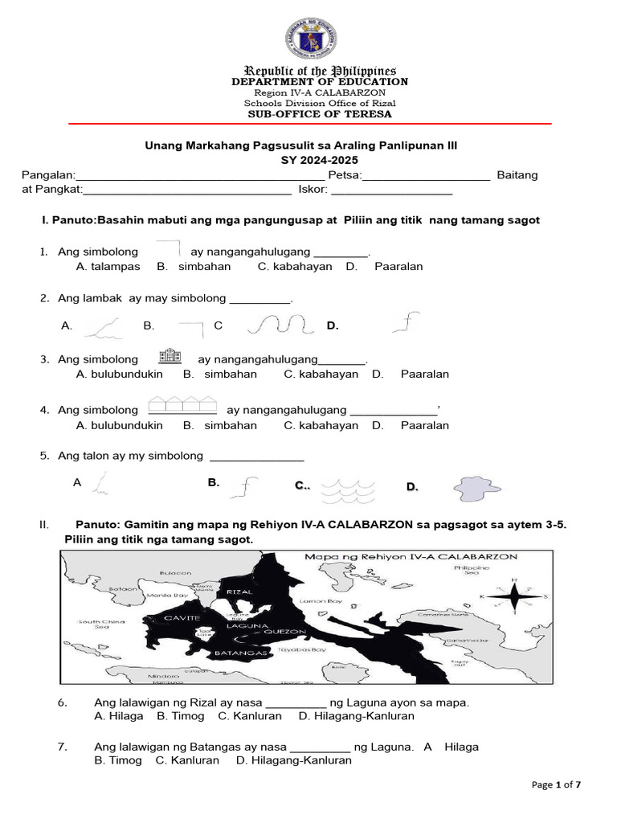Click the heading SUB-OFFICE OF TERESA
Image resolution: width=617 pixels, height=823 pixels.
click(320, 114)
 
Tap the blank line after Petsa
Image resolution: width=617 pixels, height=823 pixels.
click(427, 175)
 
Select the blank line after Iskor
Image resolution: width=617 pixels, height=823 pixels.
click(391, 191)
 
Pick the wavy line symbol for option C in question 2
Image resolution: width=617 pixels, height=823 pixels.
click(279, 324)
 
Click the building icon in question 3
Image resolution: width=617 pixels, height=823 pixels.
click(169, 358)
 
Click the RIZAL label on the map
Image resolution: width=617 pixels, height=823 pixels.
click(239, 592)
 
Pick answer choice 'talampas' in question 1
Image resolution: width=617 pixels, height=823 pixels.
click(108, 266)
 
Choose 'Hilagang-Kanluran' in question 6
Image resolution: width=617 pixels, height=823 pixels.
click(357, 715)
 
